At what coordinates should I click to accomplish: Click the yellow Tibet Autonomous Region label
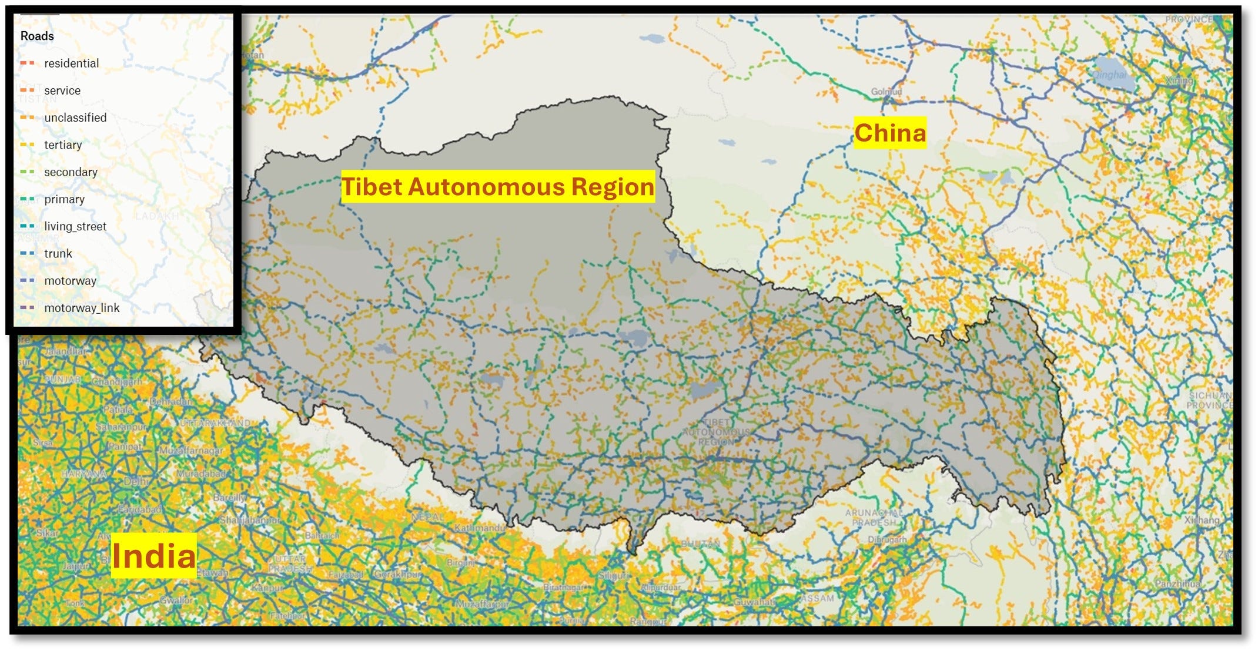pyautogui.click(x=497, y=187)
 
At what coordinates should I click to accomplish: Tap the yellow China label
pyautogui.click(x=889, y=133)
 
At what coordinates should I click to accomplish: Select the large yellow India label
pyautogui.click(x=153, y=556)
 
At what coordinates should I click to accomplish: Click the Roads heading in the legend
pyautogui.click(x=37, y=36)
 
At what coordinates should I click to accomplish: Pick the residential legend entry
pyautogui.click(x=71, y=63)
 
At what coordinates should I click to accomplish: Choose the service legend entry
pyautogui.click(x=62, y=90)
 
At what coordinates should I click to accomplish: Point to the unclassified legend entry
pyautogui.click(x=75, y=118)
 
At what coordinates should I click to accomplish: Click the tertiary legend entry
pyautogui.click(x=63, y=145)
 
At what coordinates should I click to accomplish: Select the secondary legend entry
pyautogui.click(x=71, y=172)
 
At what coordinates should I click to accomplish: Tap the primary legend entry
pyautogui.click(x=64, y=199)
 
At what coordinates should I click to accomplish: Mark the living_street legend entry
pyautogui.click(x=75, y=226)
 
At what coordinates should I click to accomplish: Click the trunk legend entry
pyautogui.click(x=58, y=254)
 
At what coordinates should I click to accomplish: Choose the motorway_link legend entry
pyautogui.click(x=82, y=308)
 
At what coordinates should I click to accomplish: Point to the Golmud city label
pyautogui.click(x=886, y=92)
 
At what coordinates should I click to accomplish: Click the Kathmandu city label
pyautogui.click(x=480, y=528)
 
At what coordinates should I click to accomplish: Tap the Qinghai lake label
pyautogui.click(x=1110, y=75)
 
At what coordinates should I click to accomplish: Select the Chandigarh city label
pyautogui.click(x=116, y=381)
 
